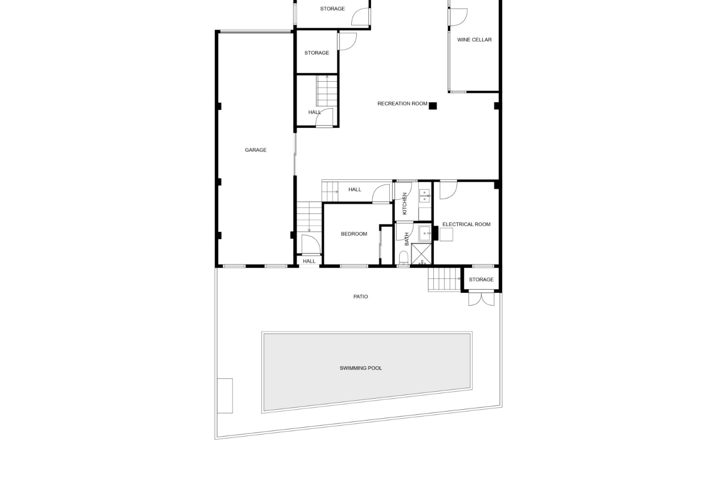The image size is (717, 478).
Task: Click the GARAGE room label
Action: (255, 150)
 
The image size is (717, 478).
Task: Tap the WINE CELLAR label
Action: (474, 40)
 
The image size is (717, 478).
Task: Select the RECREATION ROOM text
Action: (402, 104)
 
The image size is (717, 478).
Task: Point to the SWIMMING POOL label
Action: (361, 368)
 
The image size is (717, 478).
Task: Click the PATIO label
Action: (361, 297)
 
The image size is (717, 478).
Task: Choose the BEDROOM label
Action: (354, 234)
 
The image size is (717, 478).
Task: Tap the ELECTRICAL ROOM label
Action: (466, 224)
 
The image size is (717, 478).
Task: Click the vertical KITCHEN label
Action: (404, 204)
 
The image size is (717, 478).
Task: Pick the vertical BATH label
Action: (407, 239)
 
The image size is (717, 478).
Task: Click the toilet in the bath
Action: (403, 258)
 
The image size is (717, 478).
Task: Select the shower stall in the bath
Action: (422, 254)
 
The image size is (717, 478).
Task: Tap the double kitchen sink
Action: (425, 196)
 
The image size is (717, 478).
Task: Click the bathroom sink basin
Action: (425, 233)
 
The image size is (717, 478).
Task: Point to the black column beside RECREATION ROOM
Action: (432, 106)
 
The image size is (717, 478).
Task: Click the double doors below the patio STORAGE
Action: (481, 299)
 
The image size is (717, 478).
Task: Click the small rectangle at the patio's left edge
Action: (225, 396)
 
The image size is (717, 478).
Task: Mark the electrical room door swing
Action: (448, 190)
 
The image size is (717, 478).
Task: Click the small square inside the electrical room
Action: (446, 235)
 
